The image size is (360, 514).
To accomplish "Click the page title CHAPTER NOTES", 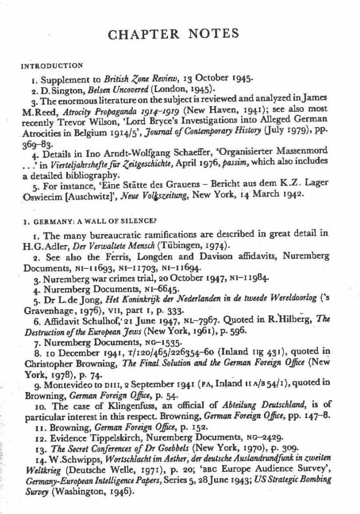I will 180,34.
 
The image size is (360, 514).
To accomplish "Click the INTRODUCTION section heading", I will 52,66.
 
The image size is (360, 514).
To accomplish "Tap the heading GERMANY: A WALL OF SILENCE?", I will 77,221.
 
